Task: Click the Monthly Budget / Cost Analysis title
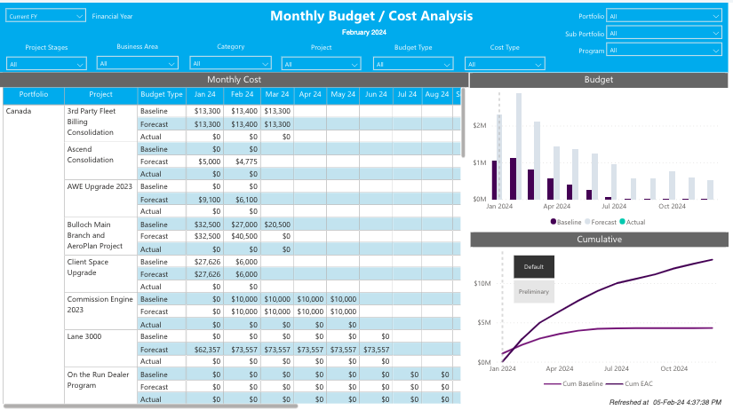click(x=371, y=16)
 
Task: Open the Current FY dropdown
click(x=45, y=15)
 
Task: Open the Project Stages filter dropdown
click(x=46, y=64)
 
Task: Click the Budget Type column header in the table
click(x=163, y=94)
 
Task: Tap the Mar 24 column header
click(x=276, y=94)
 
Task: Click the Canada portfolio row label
click(x=20, y=112)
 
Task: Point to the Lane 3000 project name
click(x=84, y=337)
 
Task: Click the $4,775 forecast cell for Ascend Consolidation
click(x=243, y=162)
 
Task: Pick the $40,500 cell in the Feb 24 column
click(x=243, y=237)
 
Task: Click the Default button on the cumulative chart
click(x=534, y=266)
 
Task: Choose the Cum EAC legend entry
click(x=638, y=383)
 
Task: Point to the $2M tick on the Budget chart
click(x=479, y=126)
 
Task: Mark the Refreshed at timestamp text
click(x=665, y=402)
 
